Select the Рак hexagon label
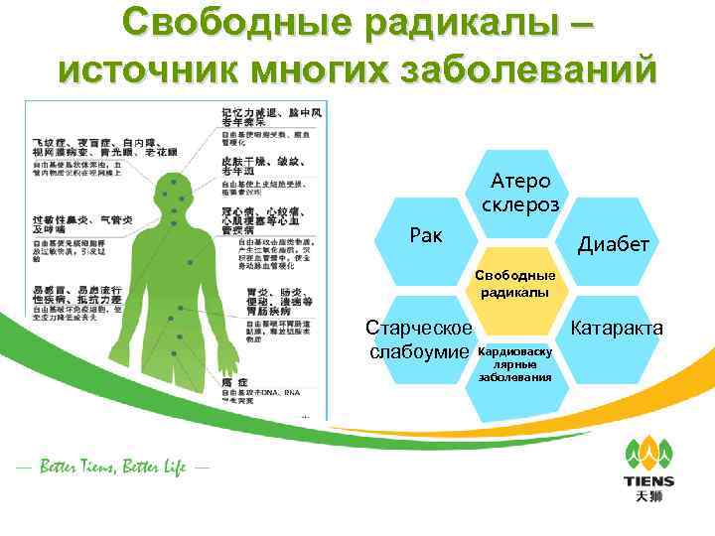[x=429, y=235]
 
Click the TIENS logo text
[x=648, y=480]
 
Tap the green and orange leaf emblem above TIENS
[x=648, y=452]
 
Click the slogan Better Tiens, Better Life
[x=110, y=468]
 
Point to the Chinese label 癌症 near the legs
[x=236, y=381]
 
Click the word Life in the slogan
[x=168, y=468]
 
